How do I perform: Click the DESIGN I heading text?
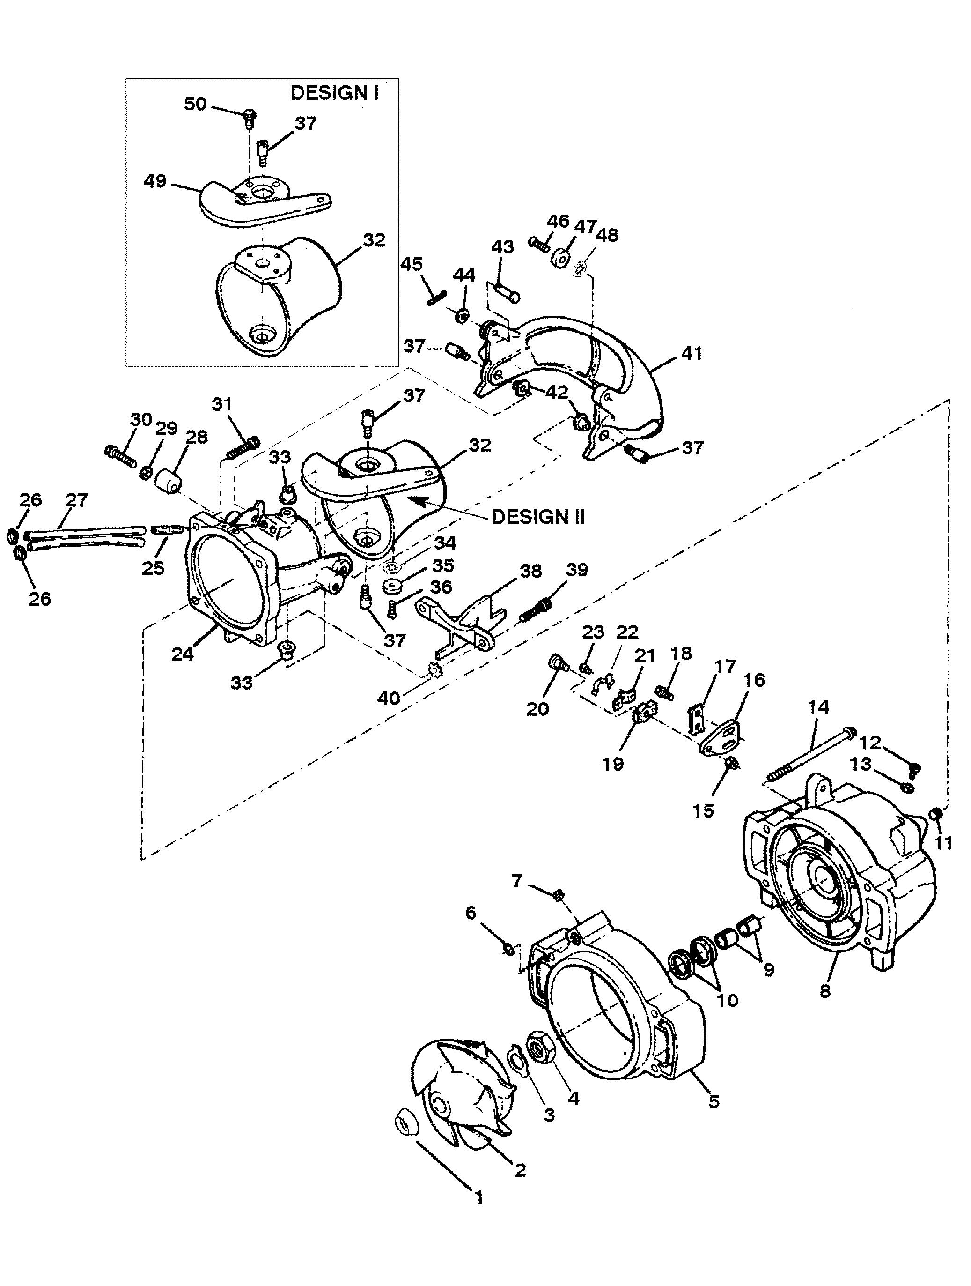[x=334, y=93]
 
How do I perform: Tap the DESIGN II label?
[x=537, y=517]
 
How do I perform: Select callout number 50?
[x=195, y=104]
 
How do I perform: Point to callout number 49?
[x=155, y=181]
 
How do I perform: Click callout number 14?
[x=817, y=707]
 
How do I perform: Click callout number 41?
[x=691, y=353]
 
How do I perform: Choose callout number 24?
[x=183, y=654]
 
